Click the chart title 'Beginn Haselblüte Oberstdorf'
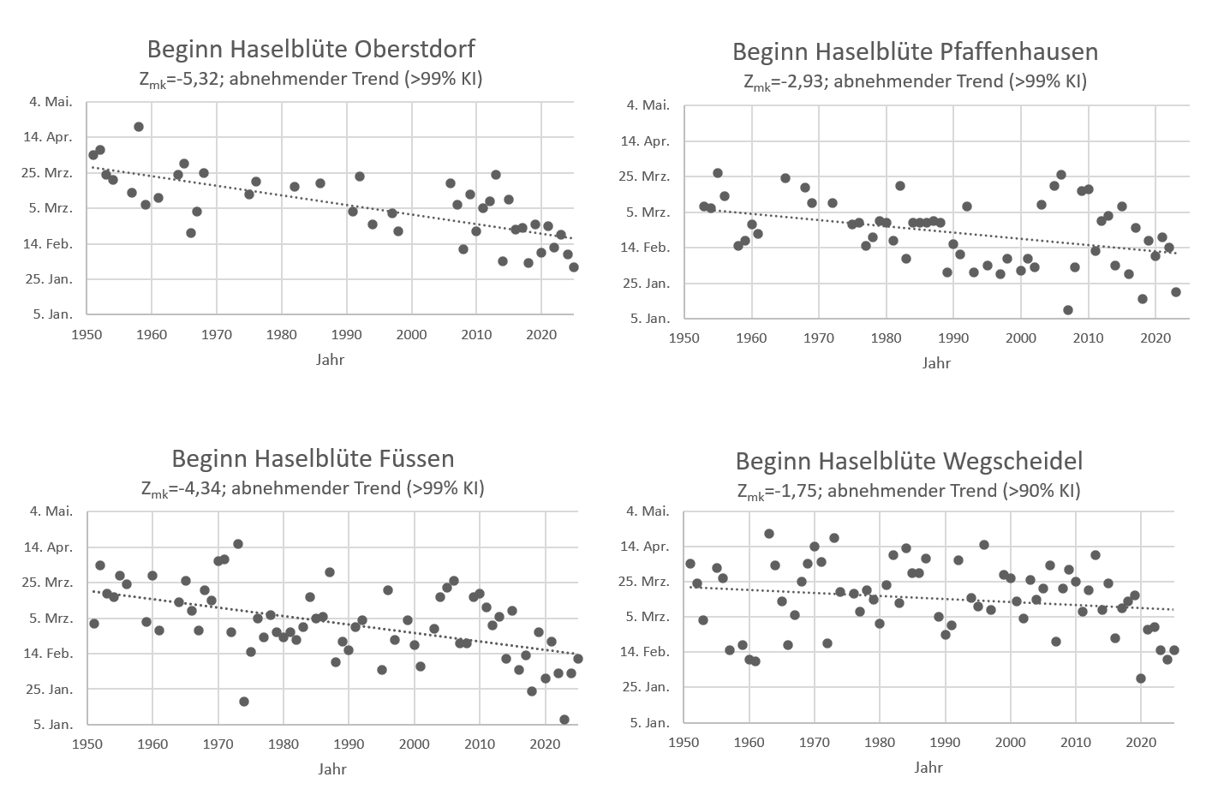pyautogui.click(x=311, y=48)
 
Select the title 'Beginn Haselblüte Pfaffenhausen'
pyautogui.click(x=915, y=51)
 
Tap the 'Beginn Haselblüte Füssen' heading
pyautogui.click(x=313, y=458)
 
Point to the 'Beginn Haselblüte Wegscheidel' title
pyautogui.click(x=909, y=461)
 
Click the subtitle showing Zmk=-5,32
pyautogui.click(x=312, y=80)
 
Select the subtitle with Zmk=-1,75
pyautogui.click(x=909, y=491)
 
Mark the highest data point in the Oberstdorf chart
pyautogui.click(x=139, y=127)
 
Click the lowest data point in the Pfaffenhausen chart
pyautogui.click(x=1068, y=310)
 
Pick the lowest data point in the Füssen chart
pyautogui.click(x=564, y=720)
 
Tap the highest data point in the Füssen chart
pyautogui.click(x=238, y=544)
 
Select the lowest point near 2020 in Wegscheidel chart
pyautogui.click(x=1141, y=678)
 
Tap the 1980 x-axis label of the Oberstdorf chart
pyautogui.click(x=281, y=333)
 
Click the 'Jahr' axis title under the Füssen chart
pyautogui.click(x=332, y=768)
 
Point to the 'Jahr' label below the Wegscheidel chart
pyautogui.click(x=928, y=767)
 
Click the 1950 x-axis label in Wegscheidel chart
pyautogui.click(x=684, y=741)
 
